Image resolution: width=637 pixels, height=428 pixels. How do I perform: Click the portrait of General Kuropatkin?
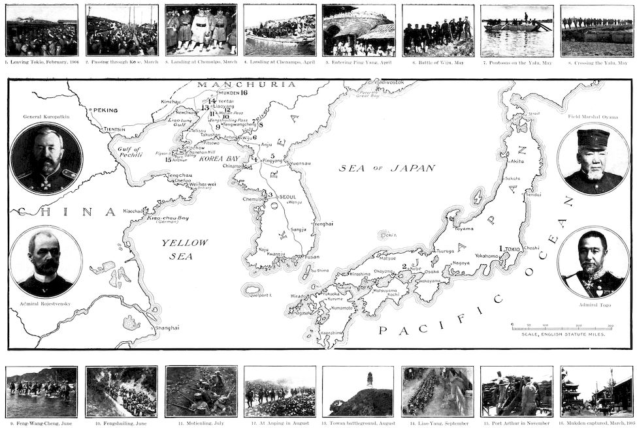(46, 158)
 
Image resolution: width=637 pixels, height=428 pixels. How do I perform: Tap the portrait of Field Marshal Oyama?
(593, 159)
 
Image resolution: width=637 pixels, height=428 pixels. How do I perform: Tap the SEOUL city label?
(287, 196)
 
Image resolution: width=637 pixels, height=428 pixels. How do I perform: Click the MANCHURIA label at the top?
(229, 85)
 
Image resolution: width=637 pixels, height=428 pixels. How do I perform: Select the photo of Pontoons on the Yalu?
(517, 30)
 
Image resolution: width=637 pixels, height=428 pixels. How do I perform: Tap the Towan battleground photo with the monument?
(358, 391)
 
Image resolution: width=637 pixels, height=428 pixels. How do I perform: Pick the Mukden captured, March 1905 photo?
(596, 391)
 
